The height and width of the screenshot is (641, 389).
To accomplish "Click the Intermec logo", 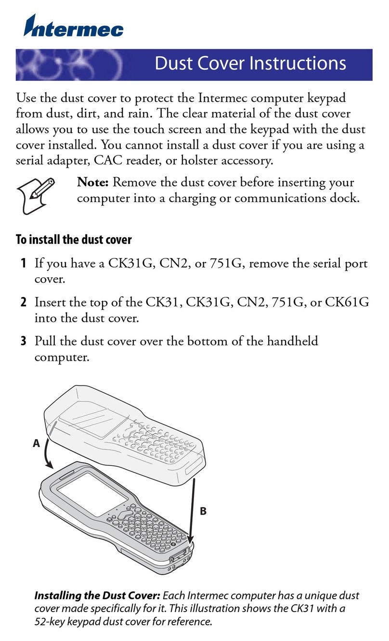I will [x=74, y=26].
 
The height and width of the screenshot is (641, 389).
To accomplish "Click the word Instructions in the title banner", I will [x=298, y=64].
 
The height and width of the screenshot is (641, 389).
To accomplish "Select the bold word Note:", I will [x=95, y=183].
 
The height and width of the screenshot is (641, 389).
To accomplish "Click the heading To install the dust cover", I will [x=74, y=239].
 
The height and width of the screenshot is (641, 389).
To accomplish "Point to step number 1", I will [x=23, y=264].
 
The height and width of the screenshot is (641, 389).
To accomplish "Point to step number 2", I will [x=23, y=303].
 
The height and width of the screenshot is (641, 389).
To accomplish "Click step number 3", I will [x=23, y=342].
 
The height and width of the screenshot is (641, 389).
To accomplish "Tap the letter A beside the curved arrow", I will [x=36, y=444].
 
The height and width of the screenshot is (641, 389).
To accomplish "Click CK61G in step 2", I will [x=347, y=303].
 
